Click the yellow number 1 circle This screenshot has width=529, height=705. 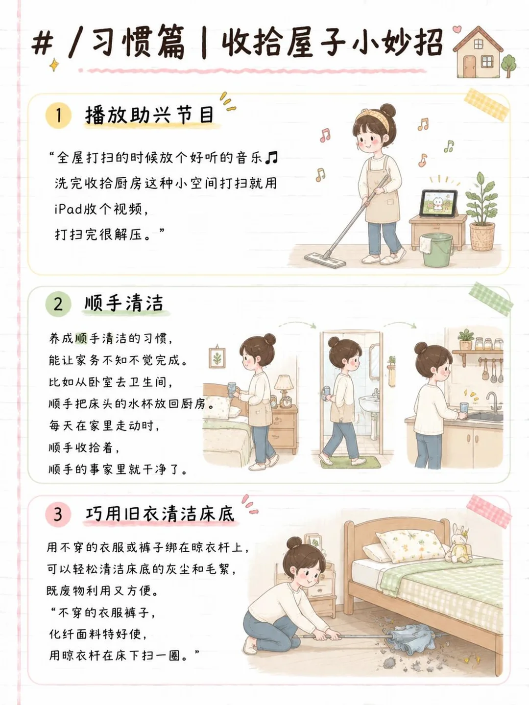(x=58, y=115)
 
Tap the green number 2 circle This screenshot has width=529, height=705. (x=58, y=304)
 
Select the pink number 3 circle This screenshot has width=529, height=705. (x=58, y=514)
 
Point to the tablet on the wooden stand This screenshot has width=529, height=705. (x=438, y=203)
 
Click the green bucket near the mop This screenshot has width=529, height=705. (x=437, y=250)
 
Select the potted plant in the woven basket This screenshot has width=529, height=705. (x=482, y=212)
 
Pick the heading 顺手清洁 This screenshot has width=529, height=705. (x=124, y=303)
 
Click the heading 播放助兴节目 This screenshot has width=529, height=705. (x=149, y=115)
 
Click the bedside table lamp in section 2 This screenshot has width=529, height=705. (x=283, y=390)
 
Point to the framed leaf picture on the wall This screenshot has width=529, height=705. (x=217, y=357)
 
